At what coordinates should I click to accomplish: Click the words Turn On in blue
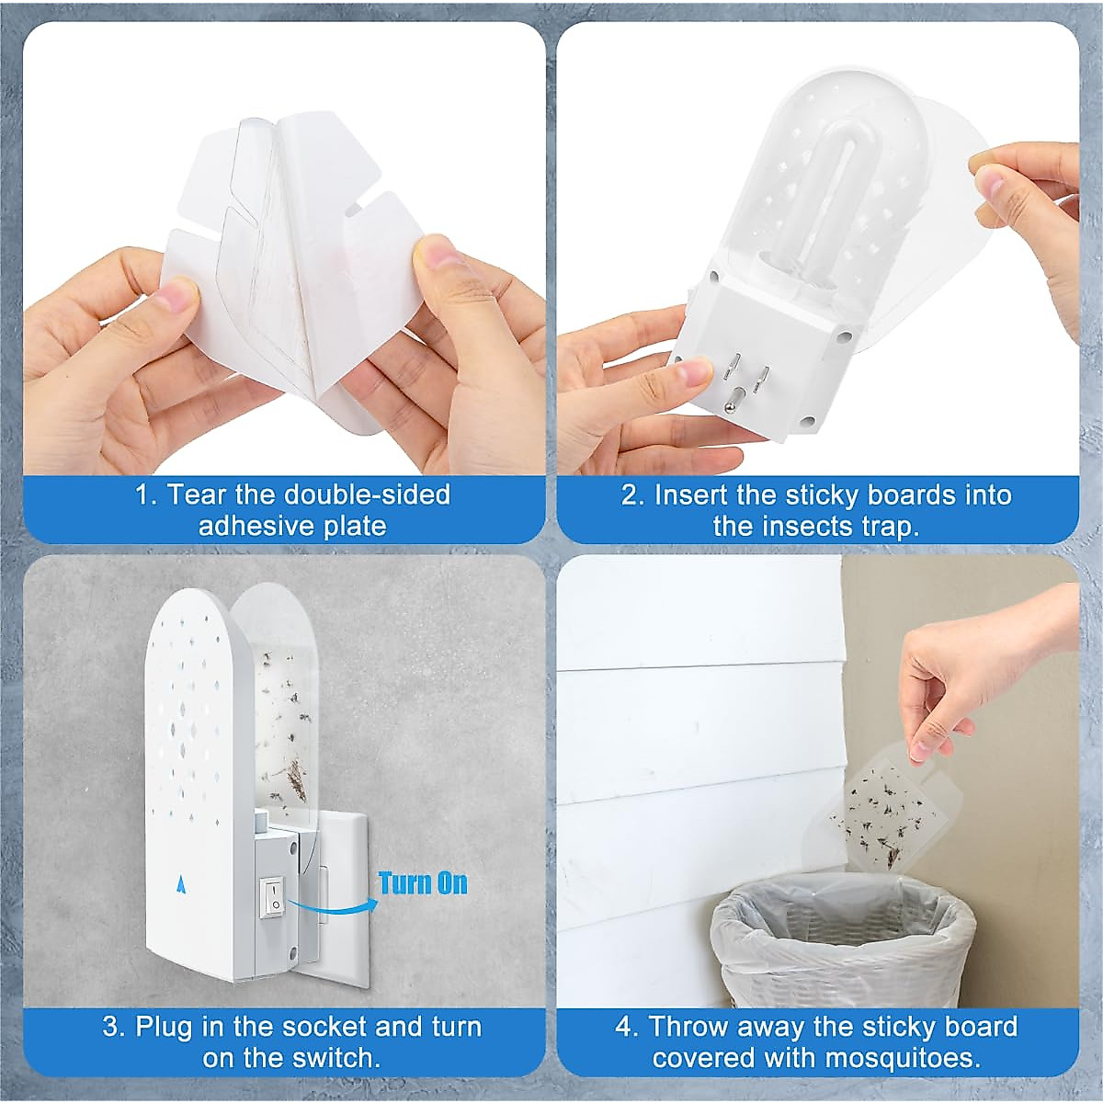tap(423, 883)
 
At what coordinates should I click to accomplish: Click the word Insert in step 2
tap(692, 495)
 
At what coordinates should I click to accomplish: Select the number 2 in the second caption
tap(631, 495)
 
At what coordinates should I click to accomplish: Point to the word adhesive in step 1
tap(256, 526)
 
